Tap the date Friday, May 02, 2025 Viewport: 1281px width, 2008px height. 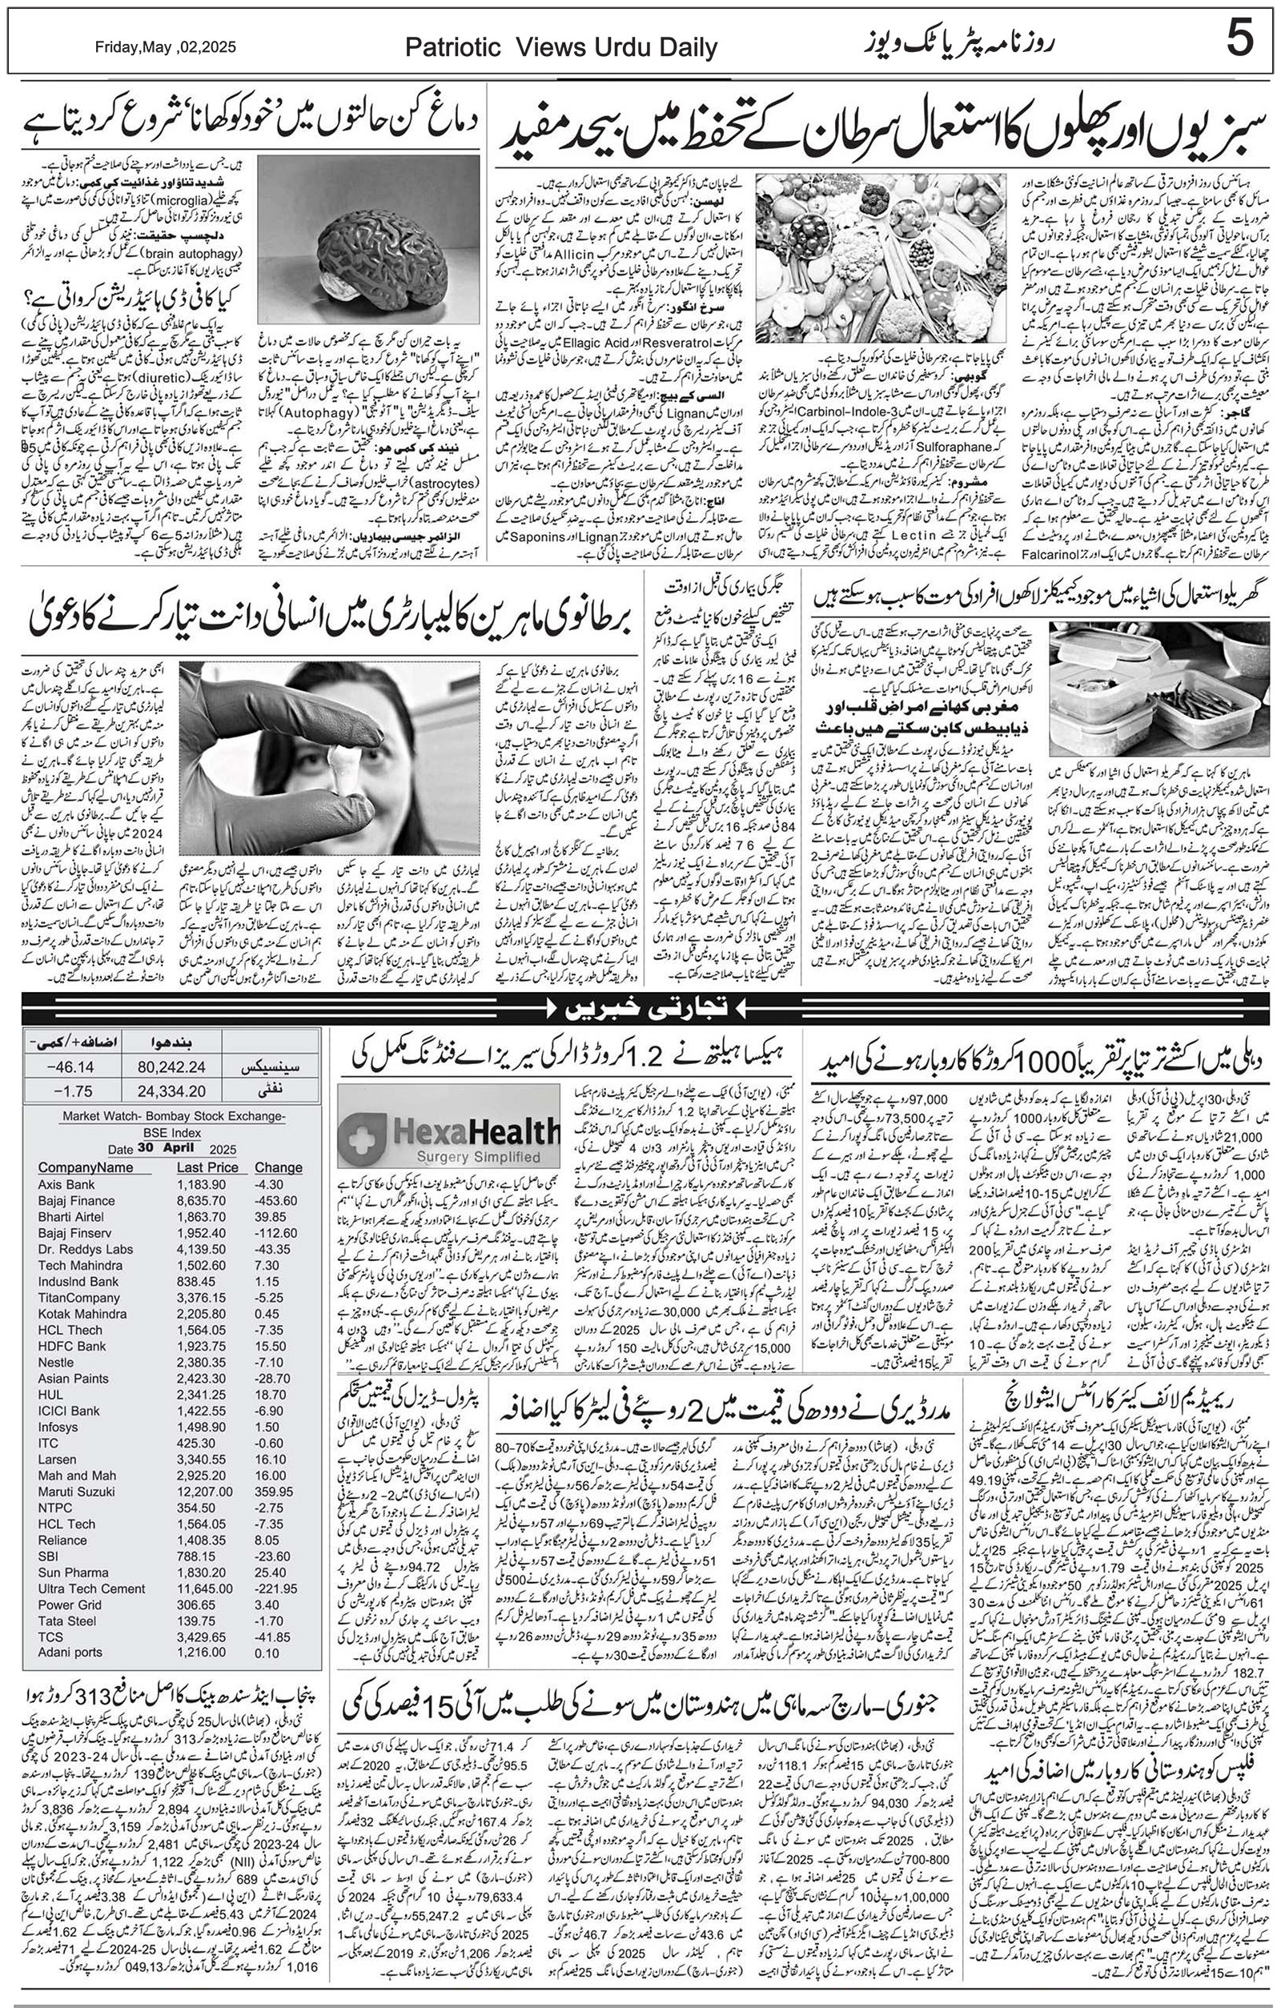coord(165,47)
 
